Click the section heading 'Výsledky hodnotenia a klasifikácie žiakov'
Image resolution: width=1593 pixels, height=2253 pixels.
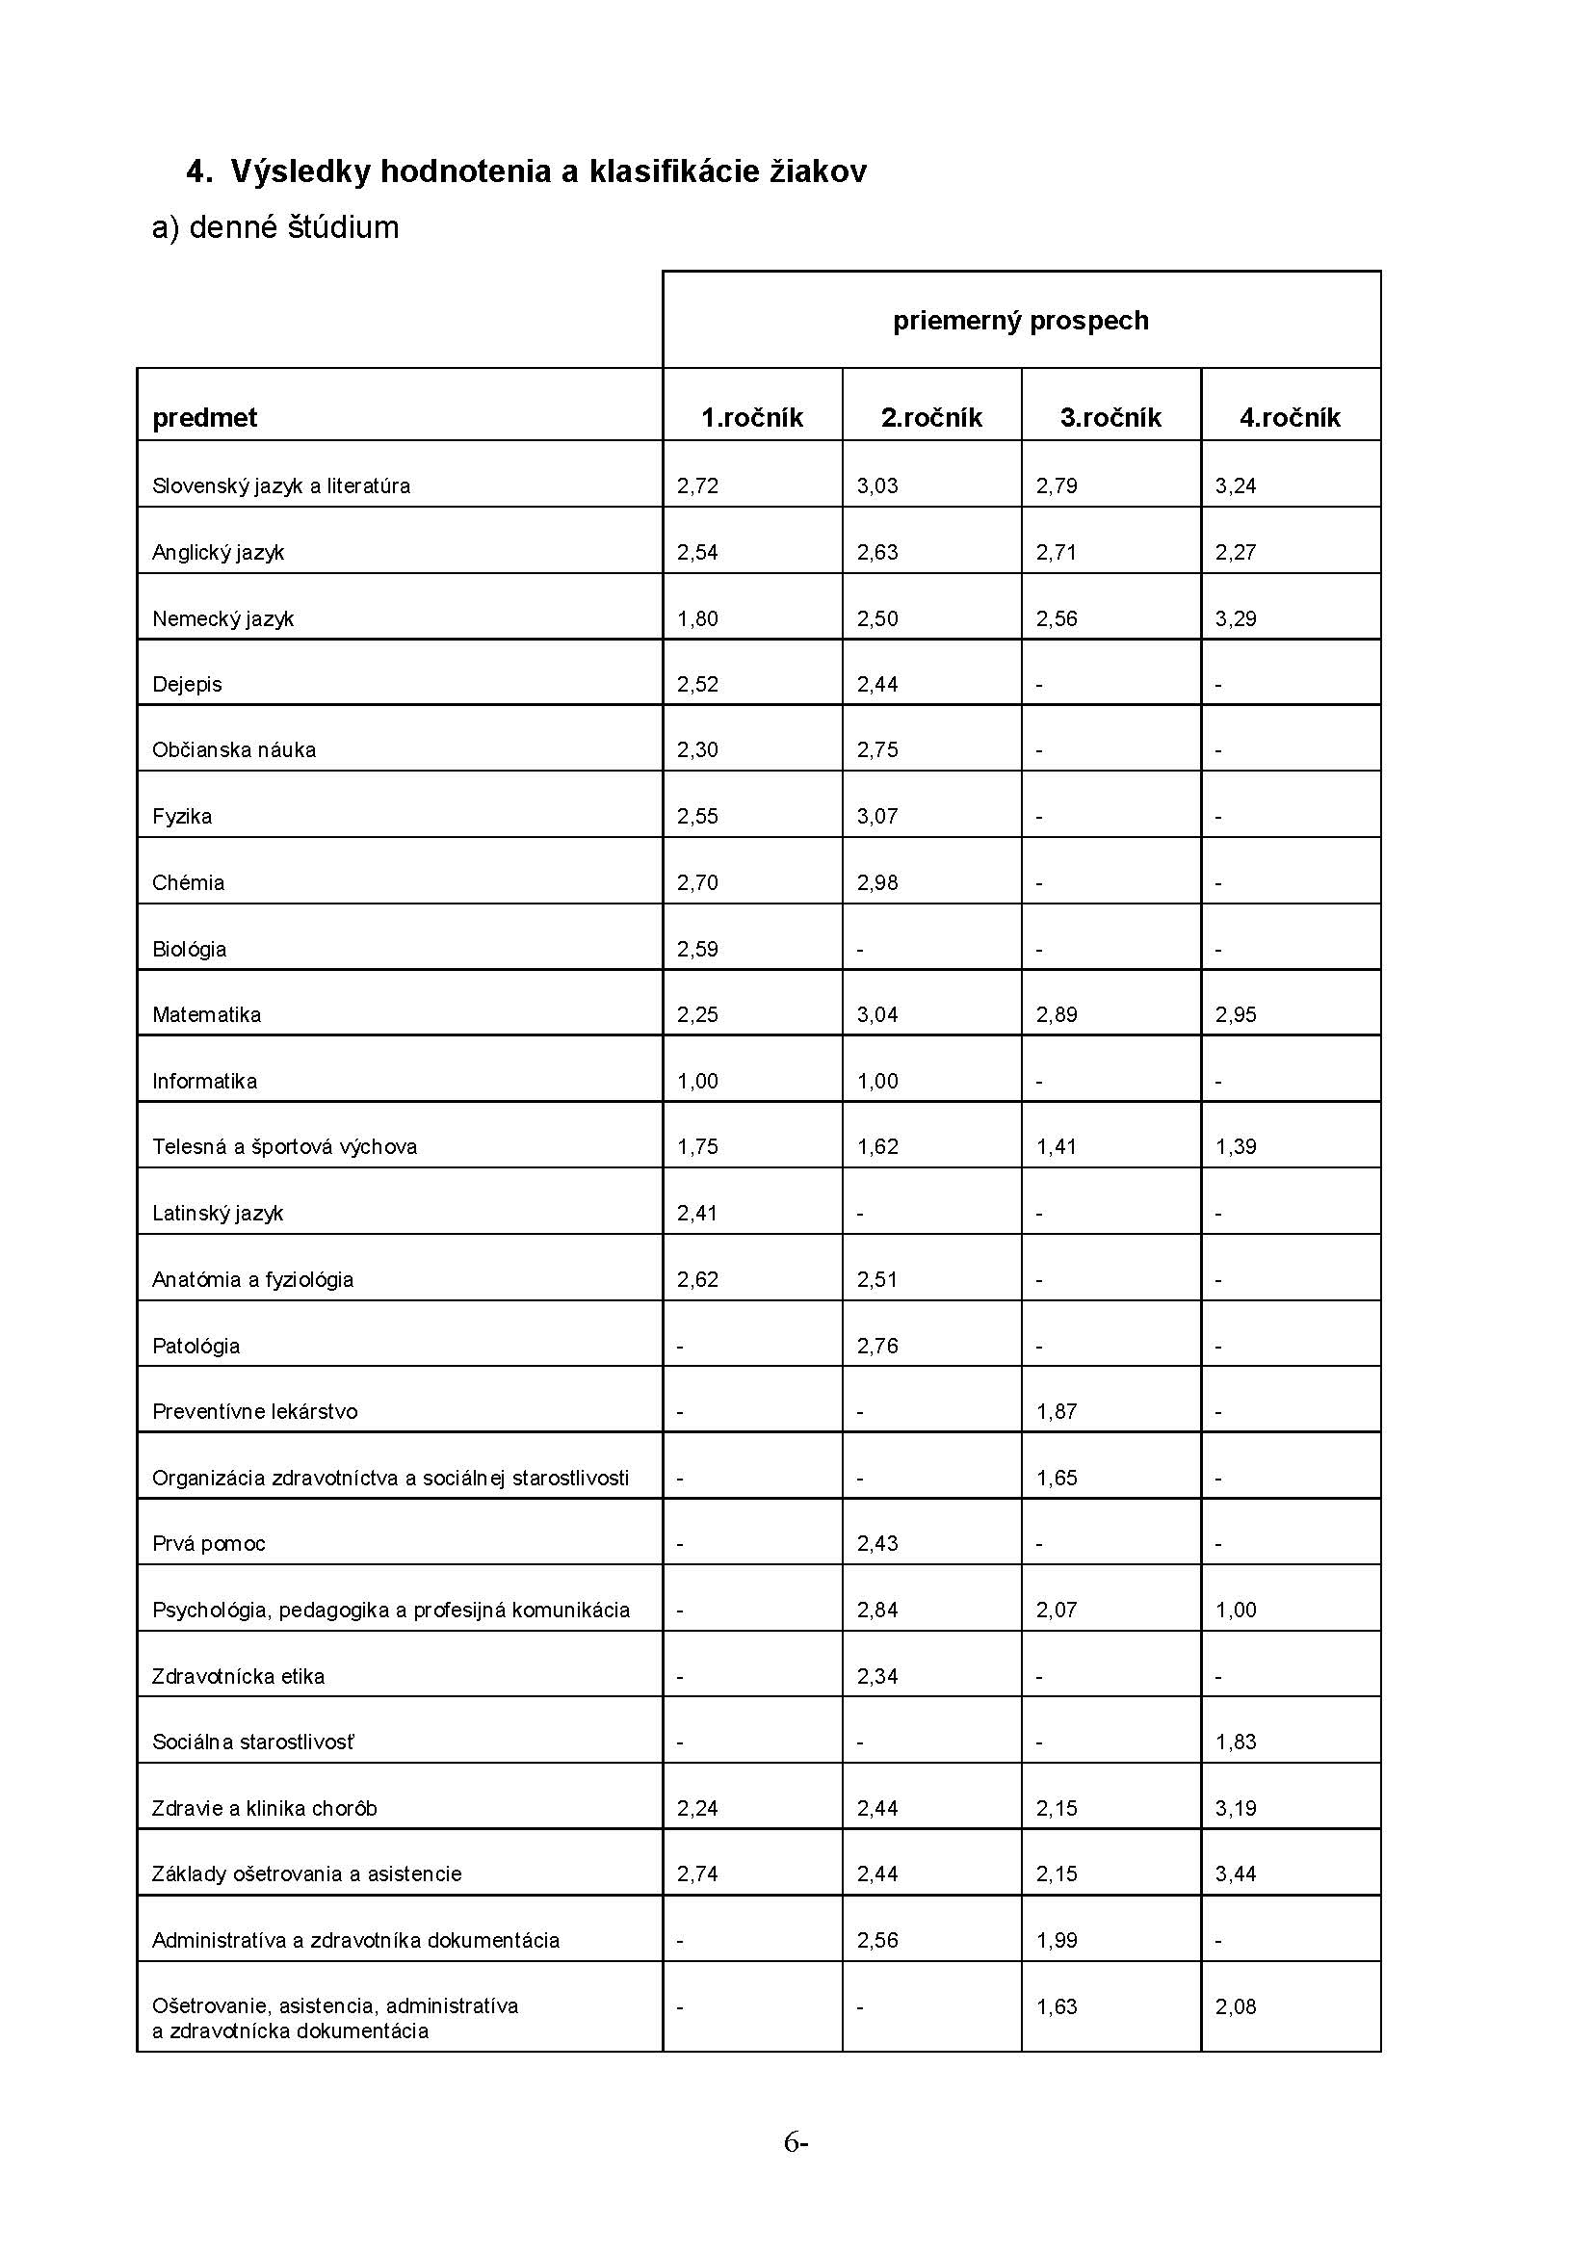coord(548,171)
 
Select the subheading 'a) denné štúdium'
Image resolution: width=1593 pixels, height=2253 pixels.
coord(275,227)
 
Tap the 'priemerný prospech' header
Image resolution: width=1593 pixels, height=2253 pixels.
coord(1020,321)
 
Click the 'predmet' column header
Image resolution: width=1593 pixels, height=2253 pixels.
coord(204,418)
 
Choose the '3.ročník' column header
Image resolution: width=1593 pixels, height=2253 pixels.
coord(1110,418)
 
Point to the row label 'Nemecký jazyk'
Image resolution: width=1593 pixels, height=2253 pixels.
coord(222,619)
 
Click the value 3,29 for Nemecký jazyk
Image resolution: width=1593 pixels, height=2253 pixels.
coord(1235,619)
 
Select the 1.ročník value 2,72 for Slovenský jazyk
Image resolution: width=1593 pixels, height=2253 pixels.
coord(697,486)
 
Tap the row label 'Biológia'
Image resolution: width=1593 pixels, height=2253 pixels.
coord(190,950)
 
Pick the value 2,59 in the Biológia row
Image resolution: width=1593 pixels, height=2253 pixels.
coord(697,950)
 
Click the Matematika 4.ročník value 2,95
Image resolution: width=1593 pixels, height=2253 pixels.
coord(1235,1015)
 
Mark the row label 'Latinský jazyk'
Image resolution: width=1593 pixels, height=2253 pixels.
coord(218,1214)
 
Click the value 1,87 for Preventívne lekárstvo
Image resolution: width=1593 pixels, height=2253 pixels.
coord(1057,1412)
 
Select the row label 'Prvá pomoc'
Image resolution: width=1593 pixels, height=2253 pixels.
coord(209,1544)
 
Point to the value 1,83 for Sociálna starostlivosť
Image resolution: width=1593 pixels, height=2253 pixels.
coord(1235,1742)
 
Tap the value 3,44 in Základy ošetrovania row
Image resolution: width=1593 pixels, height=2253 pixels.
coord(1235,1874)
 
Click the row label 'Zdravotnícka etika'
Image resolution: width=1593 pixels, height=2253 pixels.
coord(238,1677)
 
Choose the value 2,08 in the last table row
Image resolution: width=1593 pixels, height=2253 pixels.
coord(1235,2006)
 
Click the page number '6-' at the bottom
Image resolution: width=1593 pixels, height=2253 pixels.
coord(796,2143)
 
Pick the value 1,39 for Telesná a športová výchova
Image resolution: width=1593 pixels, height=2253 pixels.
coord(1235,1147)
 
